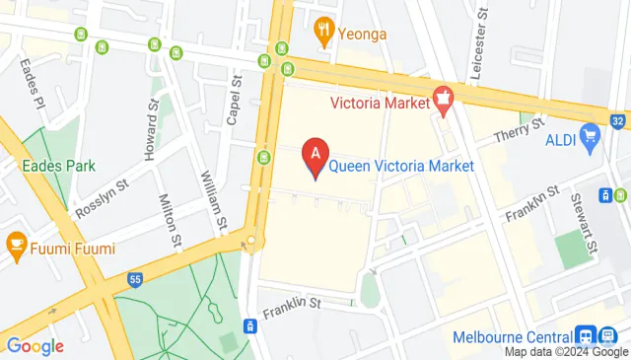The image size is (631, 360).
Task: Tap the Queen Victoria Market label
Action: click(401, 166)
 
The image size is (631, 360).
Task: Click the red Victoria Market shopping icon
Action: click(443, 99)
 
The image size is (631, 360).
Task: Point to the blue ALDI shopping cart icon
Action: click(590, 133)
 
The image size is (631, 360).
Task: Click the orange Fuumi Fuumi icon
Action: click(16, 242)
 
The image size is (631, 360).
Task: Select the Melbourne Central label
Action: click(514, 336)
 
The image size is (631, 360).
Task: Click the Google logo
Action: click(35, 346)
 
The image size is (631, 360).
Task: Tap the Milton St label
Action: click(172, 222)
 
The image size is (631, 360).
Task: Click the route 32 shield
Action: click(618, 122)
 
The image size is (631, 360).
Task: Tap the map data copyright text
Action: click(566, 352)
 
